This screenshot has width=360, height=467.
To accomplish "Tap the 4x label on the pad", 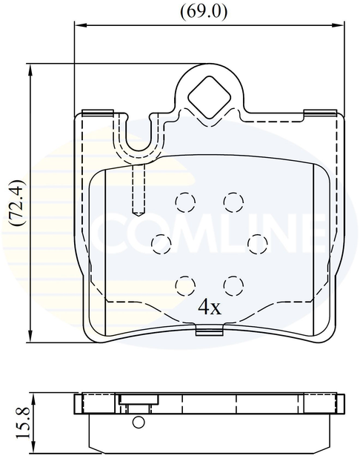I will click(210, 306).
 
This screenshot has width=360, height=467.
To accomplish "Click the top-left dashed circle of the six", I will click(184, 201).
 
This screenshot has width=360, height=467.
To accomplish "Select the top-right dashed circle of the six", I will click(233, 201).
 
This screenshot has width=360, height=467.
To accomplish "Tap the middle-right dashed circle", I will click(256, 242).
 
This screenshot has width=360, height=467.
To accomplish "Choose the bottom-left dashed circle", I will click(184, 283).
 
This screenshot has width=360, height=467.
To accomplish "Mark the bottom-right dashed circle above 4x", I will click(233, 283).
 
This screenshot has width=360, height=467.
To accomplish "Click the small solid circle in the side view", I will click(139, 423).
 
